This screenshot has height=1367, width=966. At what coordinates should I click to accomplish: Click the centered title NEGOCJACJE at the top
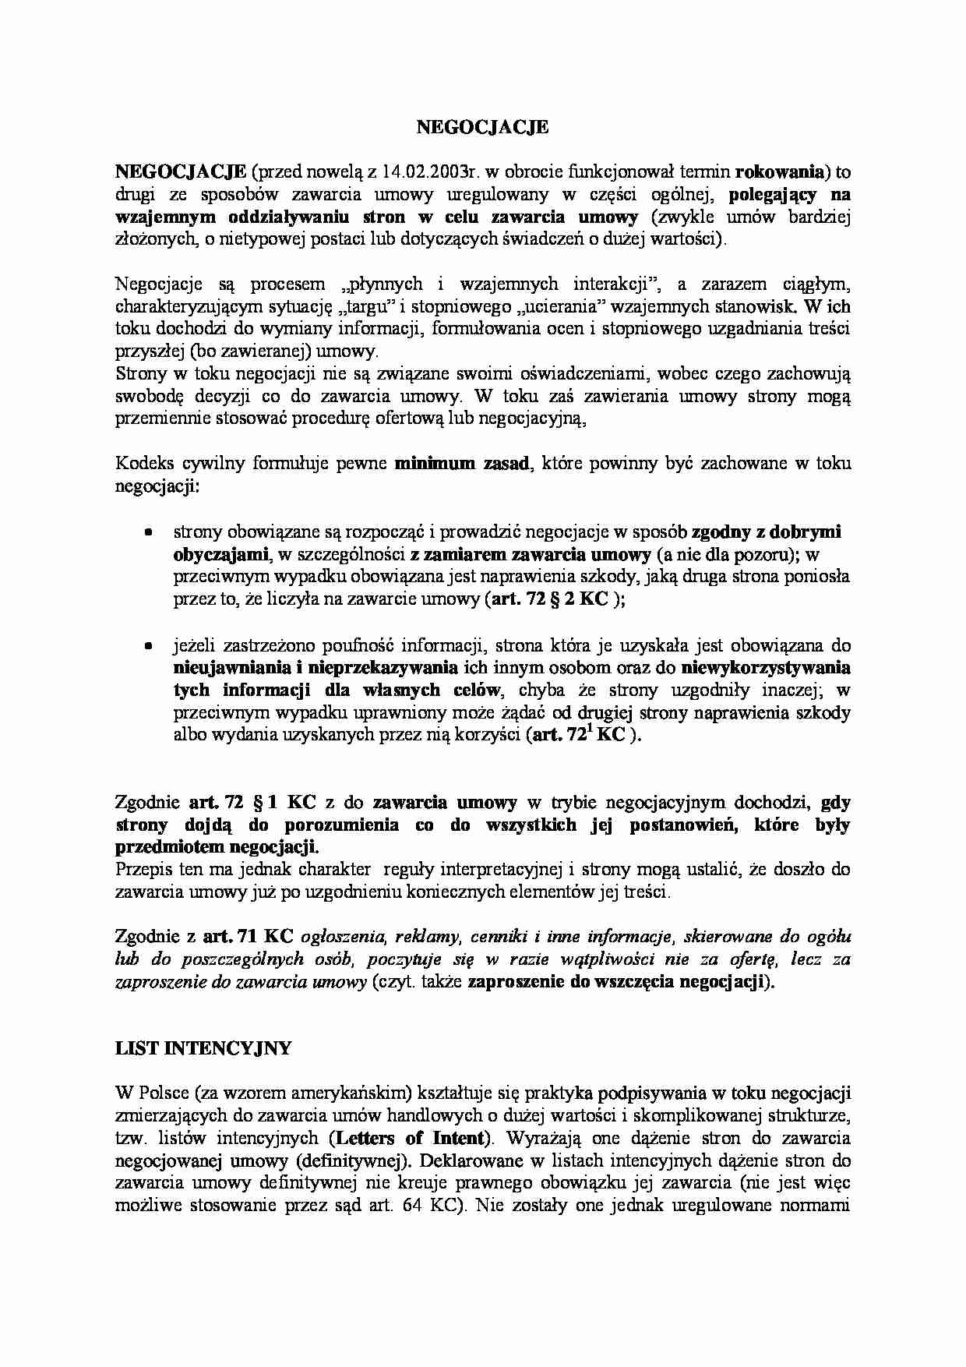483,127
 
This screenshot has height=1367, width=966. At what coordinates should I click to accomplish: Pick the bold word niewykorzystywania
765,668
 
